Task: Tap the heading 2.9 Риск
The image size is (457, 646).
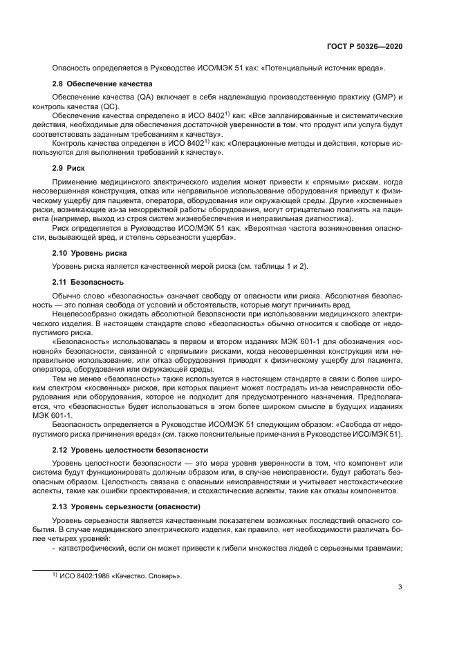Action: pyautogui.click(x=69, y=167)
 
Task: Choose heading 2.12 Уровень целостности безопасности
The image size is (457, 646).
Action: pyautogui.click(x=122, y=450)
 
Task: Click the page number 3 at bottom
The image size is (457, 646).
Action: pyautogui.click(x=400, y=588)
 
